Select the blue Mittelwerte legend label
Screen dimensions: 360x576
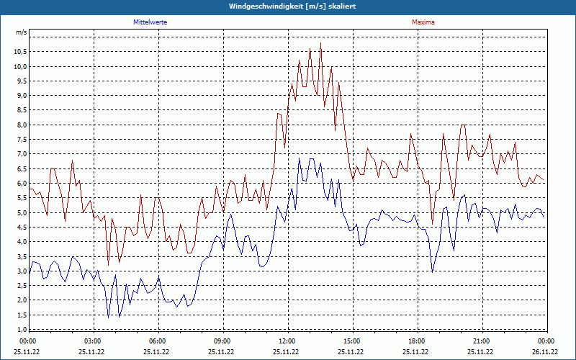tap(150, 22)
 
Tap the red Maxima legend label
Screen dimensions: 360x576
tap(423, 22)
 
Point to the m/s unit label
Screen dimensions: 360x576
tap(21, 33)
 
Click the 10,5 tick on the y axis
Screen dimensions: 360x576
tap(19, 52)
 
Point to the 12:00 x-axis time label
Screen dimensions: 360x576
tap(287, 341)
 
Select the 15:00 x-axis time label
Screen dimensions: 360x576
tap(351, 341)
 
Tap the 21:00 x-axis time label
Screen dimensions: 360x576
tap(481, 341)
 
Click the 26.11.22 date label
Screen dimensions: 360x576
tap(545, 352)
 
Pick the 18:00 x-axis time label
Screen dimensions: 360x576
tap(416, 341)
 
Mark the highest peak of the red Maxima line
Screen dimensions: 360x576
tap(320, 44)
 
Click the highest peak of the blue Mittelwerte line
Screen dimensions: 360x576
tap(300, 159)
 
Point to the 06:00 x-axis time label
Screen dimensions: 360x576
tap(157, 341)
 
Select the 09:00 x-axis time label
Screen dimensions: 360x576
tap(222, 341)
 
